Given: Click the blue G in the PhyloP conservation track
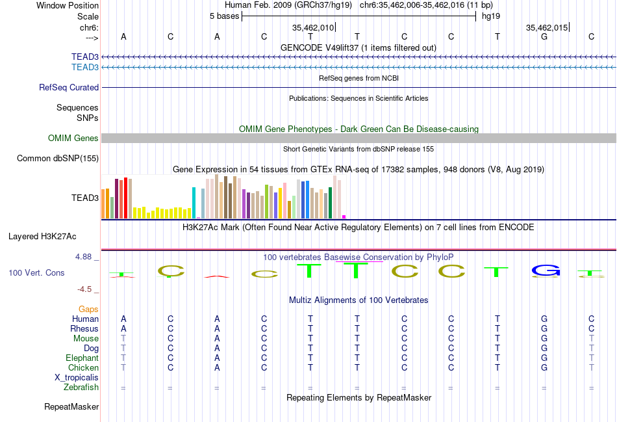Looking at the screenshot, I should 545,270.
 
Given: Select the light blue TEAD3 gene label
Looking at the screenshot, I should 85,67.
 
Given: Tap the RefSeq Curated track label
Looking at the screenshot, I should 69,87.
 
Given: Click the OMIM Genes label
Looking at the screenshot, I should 73,138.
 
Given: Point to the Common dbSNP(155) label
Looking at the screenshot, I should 58,158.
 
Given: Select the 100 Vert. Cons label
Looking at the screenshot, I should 36,273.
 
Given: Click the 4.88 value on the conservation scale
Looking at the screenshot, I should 84,257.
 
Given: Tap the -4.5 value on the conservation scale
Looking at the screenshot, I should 85,289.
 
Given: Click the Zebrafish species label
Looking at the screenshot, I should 81,388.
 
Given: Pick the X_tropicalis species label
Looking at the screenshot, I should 77,378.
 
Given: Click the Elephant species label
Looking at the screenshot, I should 82,358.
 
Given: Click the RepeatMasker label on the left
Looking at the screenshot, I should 71,407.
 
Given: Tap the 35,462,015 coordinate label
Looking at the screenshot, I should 547,27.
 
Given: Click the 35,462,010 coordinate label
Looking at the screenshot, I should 313,27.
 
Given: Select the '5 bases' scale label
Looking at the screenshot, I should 223,16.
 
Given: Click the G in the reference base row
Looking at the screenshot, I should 544,36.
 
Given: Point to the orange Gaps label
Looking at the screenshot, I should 88,309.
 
